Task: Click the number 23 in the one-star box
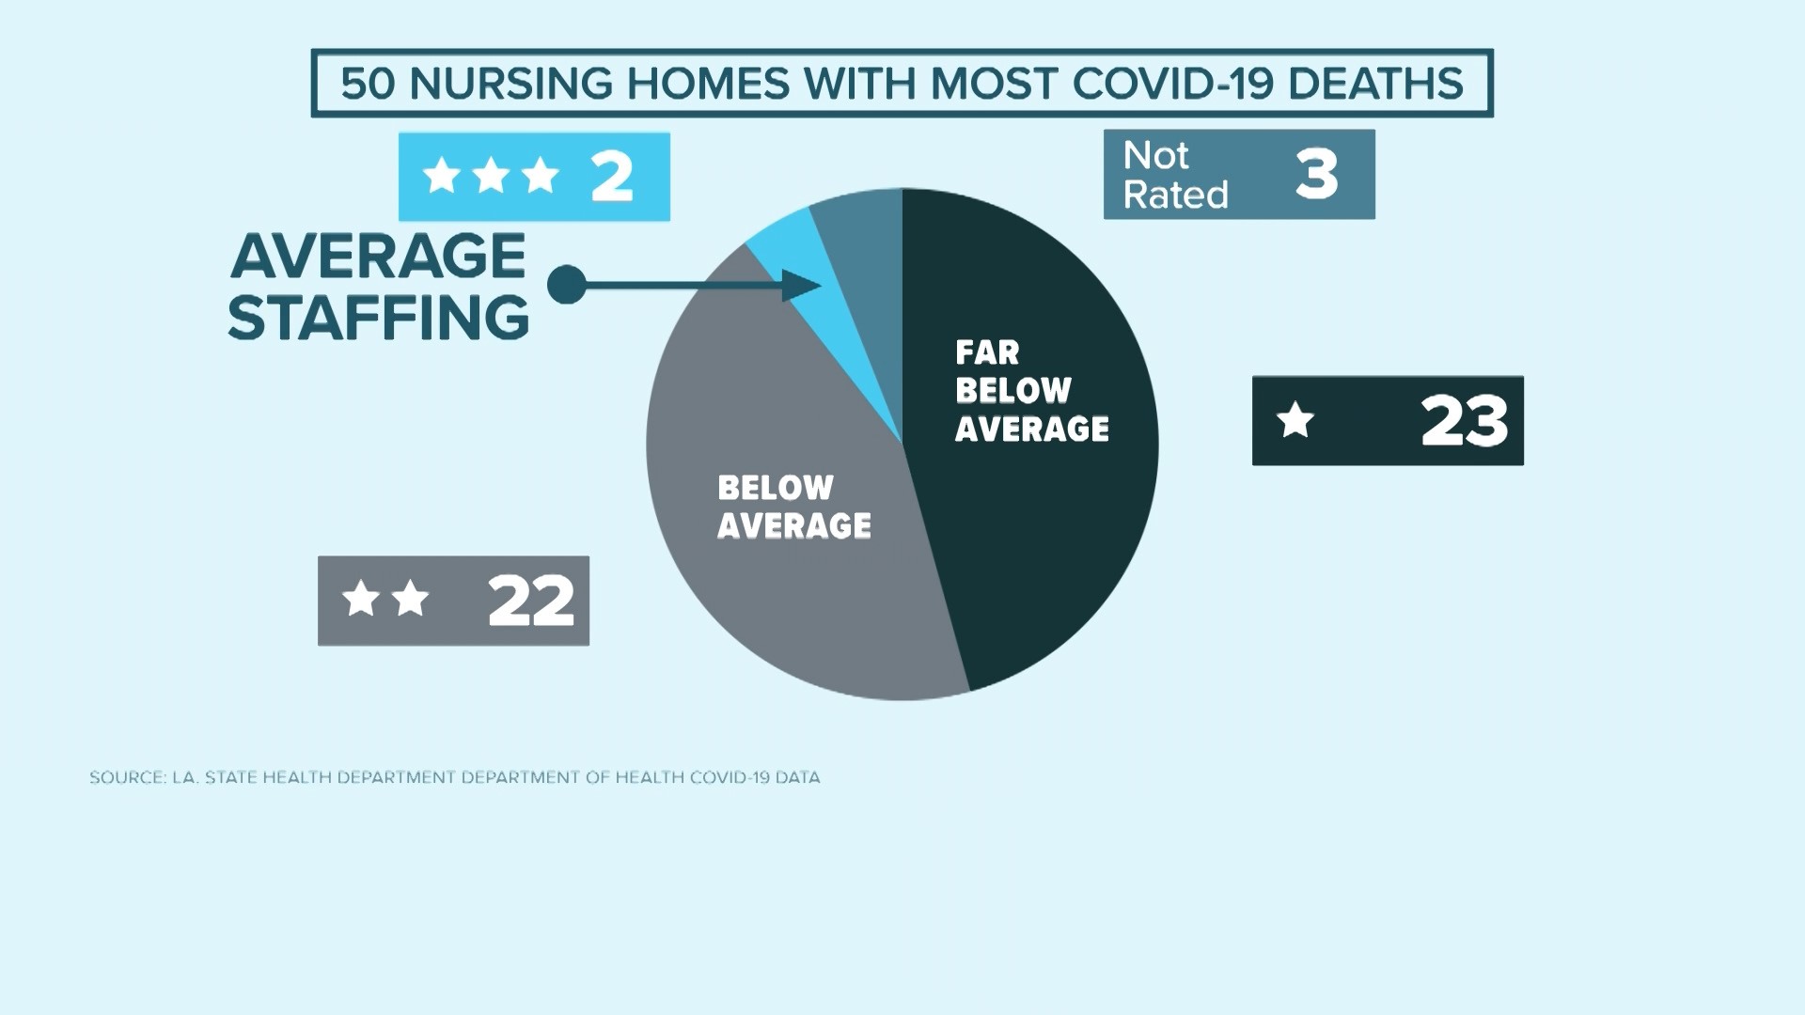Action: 1464,420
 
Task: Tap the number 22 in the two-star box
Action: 530,601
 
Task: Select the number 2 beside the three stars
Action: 611,176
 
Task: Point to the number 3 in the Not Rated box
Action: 1316,174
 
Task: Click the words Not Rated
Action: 1175,175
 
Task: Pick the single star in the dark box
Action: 1295,420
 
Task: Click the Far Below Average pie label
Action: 1031,391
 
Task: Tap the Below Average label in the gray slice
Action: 793,507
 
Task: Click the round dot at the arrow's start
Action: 566,284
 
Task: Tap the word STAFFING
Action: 378,318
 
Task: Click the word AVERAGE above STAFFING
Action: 378,256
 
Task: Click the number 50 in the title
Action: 368,84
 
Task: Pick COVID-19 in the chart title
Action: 1172,84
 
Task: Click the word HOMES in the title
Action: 708,84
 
